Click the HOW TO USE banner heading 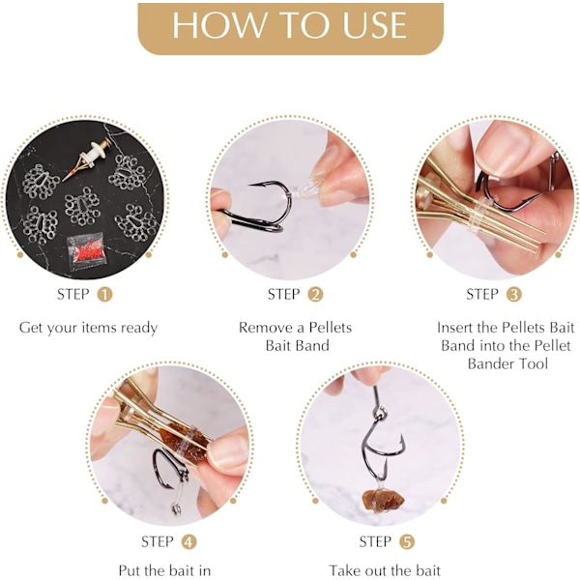pyautogui.click(x=290, y=25)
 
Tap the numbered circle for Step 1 pyautogui.click(x=104, y=295)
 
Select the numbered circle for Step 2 pyautogui.click(x=315, y=295)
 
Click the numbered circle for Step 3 pyautogui.click(x=514, y=295)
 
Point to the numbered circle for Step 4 pyautogui.click(x=188, y=542)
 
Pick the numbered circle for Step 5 pyautogui.click(x=407, y=542)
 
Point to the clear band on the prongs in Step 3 pyautogui.click(x=479, y=215)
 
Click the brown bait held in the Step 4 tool pyautogui.click(x=183, y=441)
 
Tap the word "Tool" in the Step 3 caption pyautogui.click(x=533, y=363)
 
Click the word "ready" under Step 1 pyautogui.click(x=139, y=329)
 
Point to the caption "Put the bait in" pyautogui.click(x=164, y=570)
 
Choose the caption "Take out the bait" pyautogui.click(x=385, y=570)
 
